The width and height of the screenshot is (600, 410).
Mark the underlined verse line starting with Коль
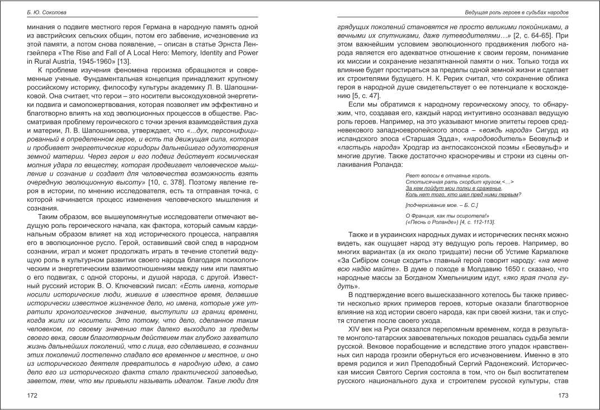tap(464, 195)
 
